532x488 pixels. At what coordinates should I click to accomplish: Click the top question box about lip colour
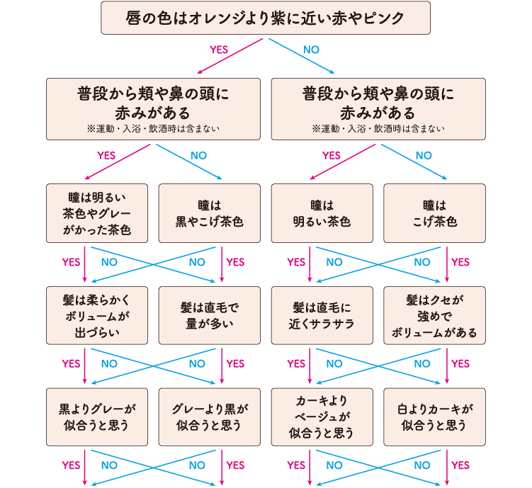point(266,18)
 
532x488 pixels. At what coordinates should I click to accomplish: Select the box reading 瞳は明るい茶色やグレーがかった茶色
point(97,212)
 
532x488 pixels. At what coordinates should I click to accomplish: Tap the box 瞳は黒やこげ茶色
point(209,212)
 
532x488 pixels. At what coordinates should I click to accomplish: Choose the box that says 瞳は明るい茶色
point(322,212)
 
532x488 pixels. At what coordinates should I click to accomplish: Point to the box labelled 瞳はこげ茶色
point(434,212)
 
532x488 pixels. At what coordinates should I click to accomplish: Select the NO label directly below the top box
point(312,50)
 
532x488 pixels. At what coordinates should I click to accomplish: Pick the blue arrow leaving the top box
point(301,56)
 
